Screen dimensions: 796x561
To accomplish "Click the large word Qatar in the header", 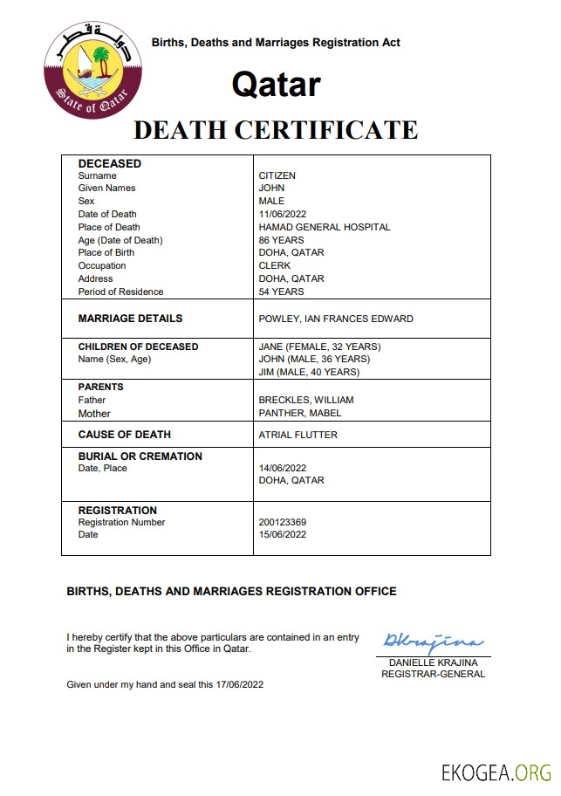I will coord(276,85).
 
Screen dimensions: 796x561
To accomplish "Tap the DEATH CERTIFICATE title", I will coord(276,130).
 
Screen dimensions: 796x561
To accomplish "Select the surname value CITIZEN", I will coord(277,175).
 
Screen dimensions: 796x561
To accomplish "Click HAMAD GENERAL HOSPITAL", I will coord(325,227).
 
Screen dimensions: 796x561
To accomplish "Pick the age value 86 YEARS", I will coord(282,240).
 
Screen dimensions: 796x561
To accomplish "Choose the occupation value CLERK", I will coord(275,265).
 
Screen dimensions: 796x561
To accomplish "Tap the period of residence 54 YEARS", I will coord(282,292).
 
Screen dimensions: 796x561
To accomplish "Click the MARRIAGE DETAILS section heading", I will coord(131,319).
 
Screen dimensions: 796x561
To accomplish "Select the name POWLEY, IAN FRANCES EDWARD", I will coord(336,319).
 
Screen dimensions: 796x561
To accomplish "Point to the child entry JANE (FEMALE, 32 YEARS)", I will coord(320,347).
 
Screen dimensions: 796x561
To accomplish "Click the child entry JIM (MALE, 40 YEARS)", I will coord(310,372).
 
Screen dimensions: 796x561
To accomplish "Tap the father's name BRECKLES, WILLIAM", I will coord(306,400).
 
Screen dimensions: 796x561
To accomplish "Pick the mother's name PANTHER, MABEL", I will coord(300,413).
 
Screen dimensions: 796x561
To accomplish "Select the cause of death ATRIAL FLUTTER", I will coord(298,435).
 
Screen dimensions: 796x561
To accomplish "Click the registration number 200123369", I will coord(283,522).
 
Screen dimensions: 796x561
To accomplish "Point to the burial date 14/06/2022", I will coord(283,468).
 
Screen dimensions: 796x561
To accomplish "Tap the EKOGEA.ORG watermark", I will coord(496,772).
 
